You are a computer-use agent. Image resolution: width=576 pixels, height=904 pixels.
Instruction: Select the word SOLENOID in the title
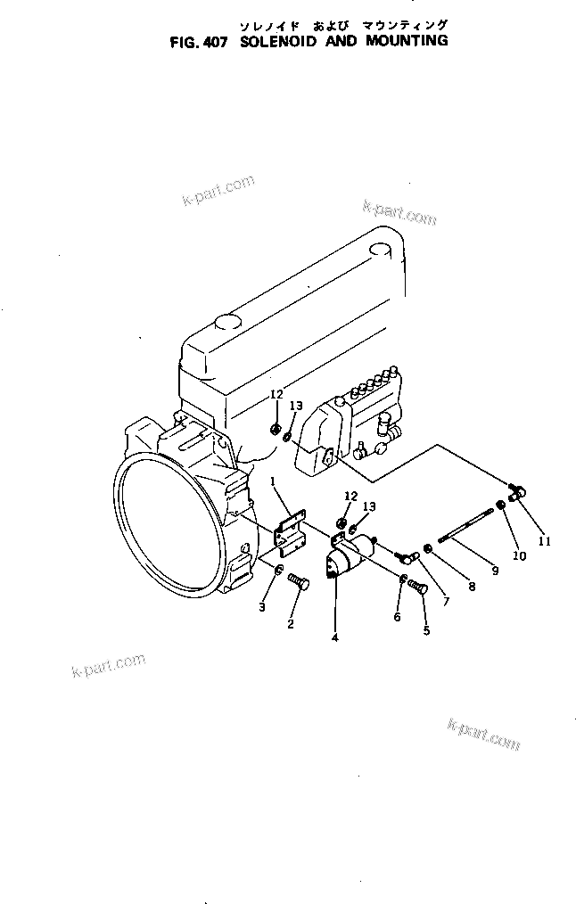point(277,41)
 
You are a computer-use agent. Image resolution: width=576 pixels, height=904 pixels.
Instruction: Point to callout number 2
point(290,624)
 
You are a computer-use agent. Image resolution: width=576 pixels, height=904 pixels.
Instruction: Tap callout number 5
point(425,630)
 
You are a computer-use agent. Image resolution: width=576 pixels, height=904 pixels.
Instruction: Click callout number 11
point(544,541)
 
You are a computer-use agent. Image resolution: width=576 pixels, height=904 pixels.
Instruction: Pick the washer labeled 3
point(278,571)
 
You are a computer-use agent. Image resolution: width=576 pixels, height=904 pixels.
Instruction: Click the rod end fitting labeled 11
point(517,489)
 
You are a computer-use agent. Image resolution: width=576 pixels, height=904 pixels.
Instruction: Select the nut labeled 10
point(502,506)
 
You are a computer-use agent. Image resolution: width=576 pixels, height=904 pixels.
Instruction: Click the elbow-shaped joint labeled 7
point(407,557)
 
